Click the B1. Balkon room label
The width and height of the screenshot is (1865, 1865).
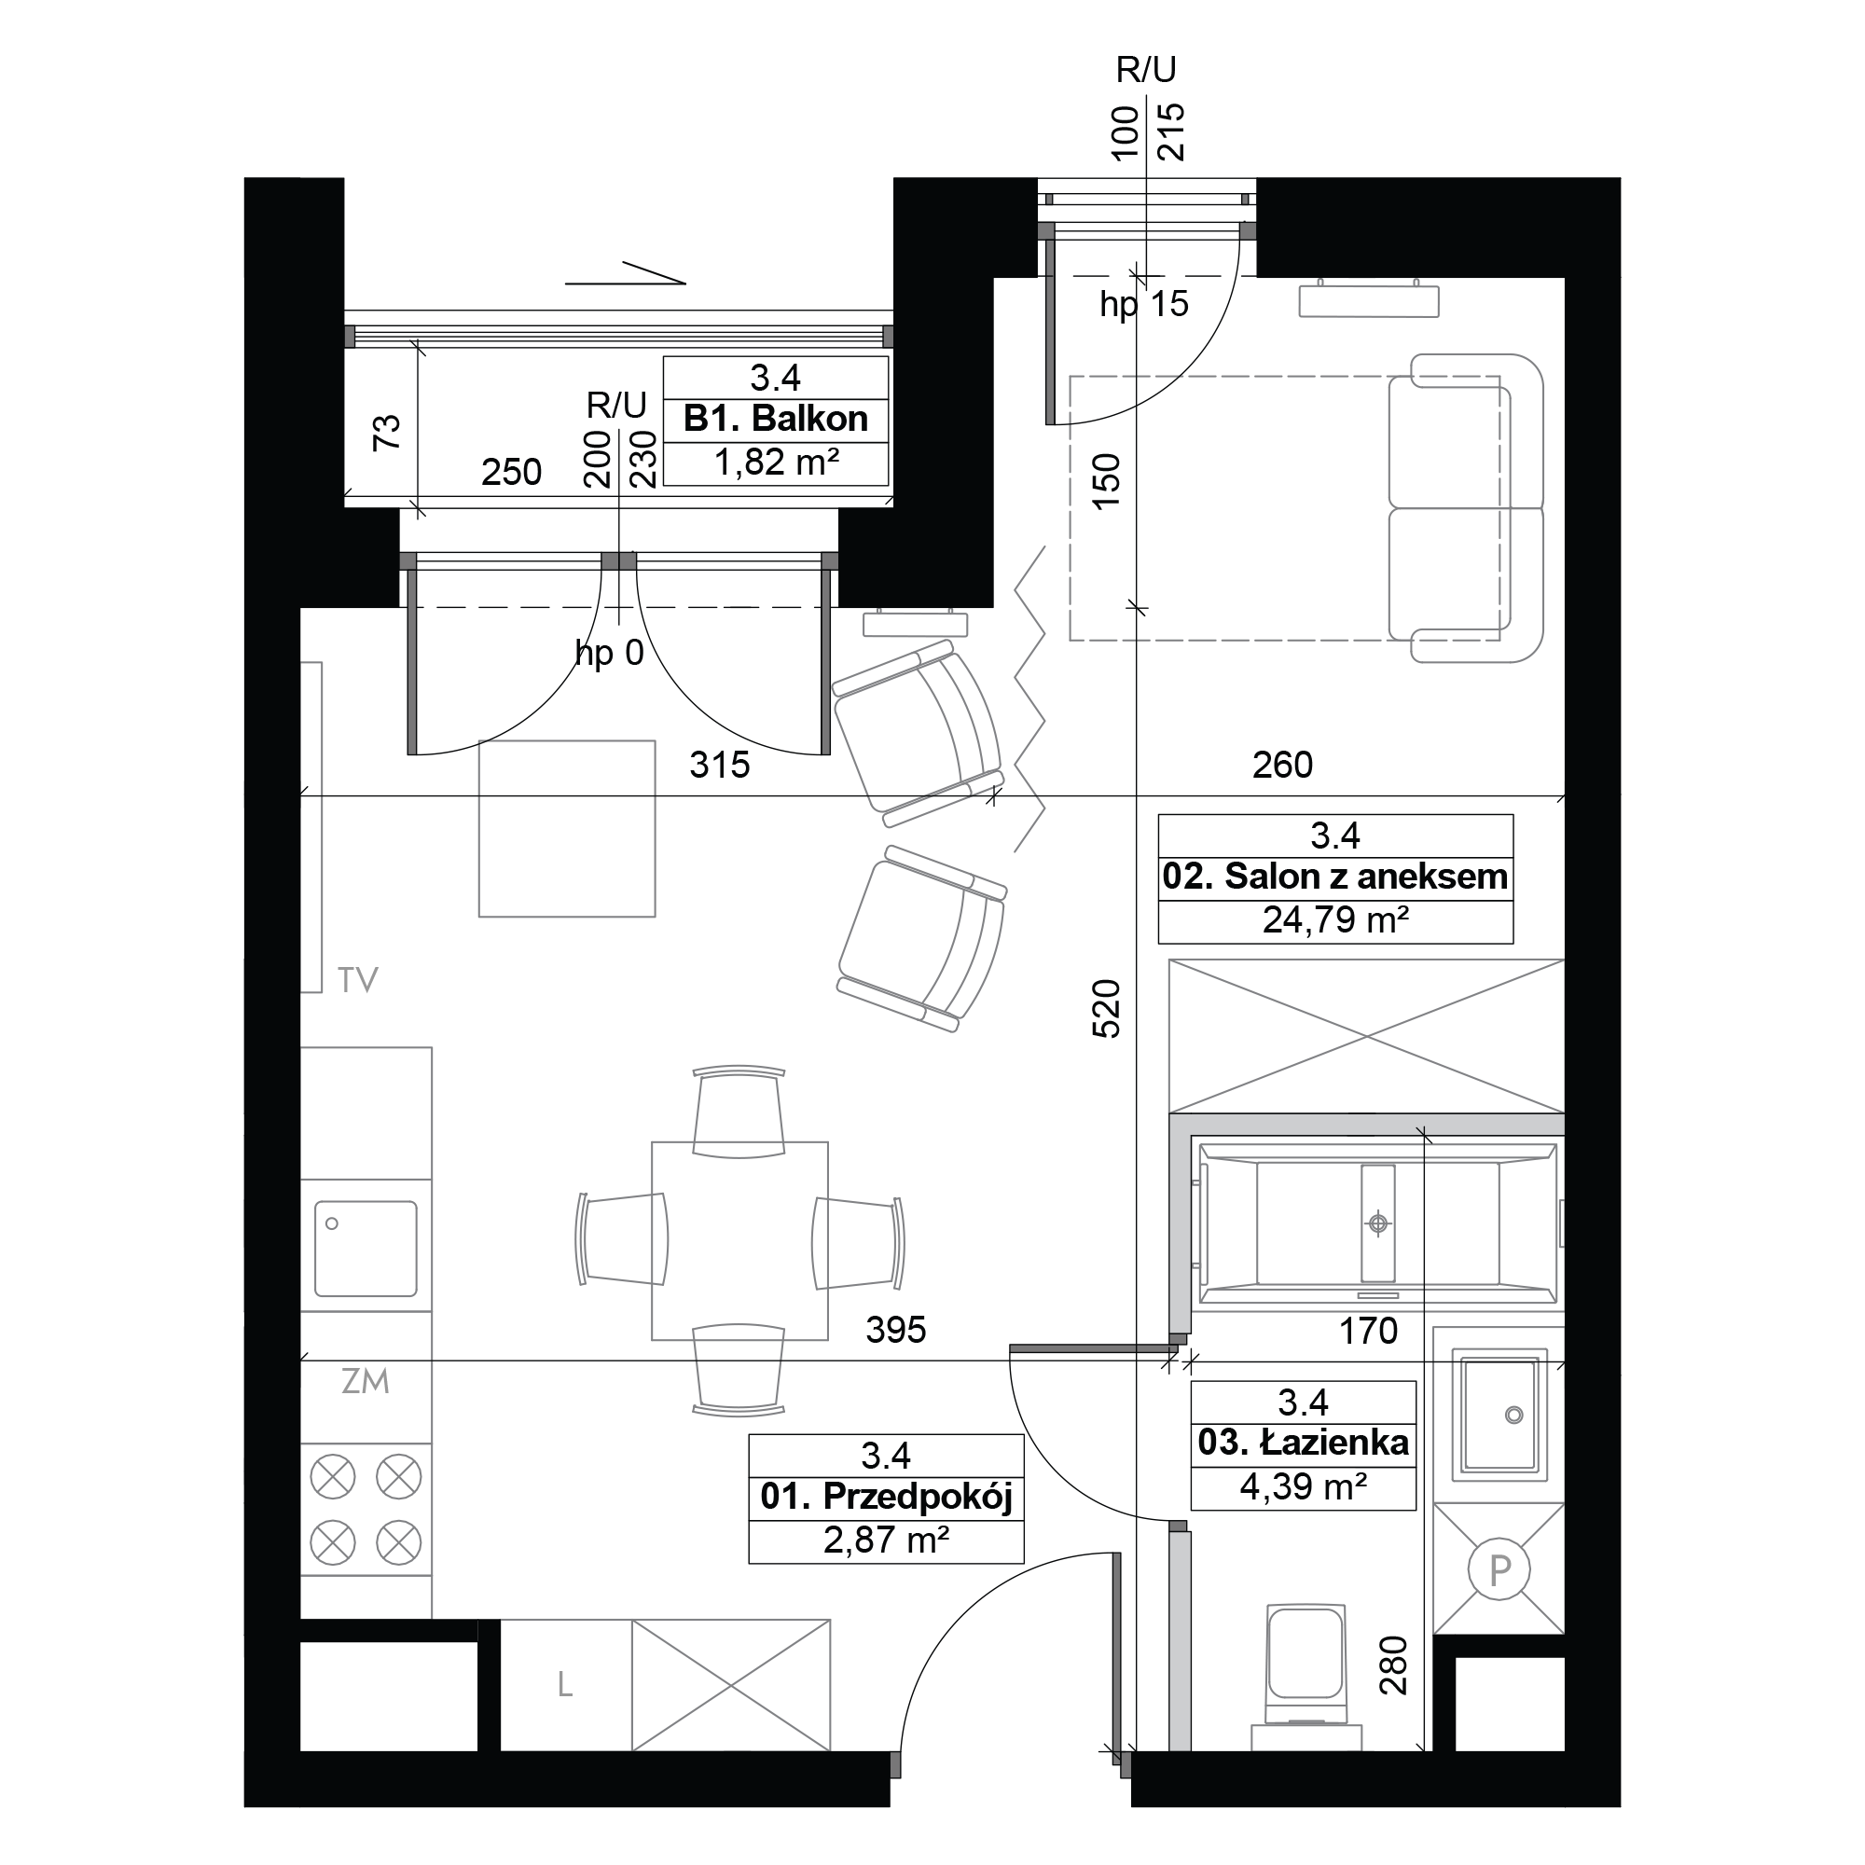[775, 419]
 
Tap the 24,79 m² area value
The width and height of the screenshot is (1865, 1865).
[1335, 920]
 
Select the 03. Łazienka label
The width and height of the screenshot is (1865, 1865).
[1304, 1443]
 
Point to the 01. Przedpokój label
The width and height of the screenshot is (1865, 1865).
[885, 1497]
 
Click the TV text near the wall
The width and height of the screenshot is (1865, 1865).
[357, 981]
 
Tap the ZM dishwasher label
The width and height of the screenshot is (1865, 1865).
[365, 1381]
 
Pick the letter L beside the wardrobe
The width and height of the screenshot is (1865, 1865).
[565, 1684]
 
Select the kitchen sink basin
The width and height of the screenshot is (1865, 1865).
[365, 1249]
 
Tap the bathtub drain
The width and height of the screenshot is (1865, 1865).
[1377, 1224]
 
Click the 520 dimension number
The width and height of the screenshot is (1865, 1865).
[1106, 1009]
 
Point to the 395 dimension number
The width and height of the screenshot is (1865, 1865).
[896, 1331]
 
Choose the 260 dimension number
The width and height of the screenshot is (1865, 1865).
[1282, 766]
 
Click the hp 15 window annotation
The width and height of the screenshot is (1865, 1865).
[1144, 304]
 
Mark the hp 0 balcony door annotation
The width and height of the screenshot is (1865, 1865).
[609, 654]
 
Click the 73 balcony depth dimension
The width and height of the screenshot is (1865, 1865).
[386, 432]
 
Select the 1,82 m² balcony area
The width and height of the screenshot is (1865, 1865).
[775, 463]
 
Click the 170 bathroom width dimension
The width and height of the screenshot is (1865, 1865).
[1368, 1332]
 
